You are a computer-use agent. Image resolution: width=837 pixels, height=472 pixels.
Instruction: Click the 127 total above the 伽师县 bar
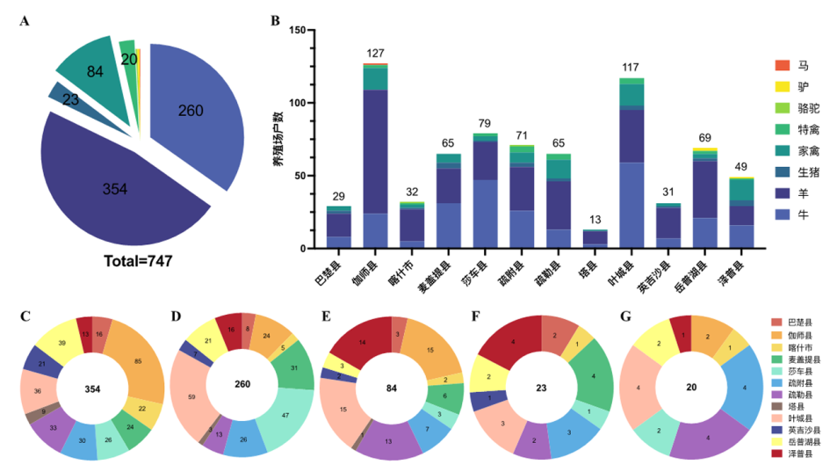tap(376, 54)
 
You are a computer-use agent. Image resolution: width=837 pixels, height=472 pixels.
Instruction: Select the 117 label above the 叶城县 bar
tap(630, 68)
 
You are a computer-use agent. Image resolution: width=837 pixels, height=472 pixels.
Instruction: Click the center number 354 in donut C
tap(92, 388)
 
